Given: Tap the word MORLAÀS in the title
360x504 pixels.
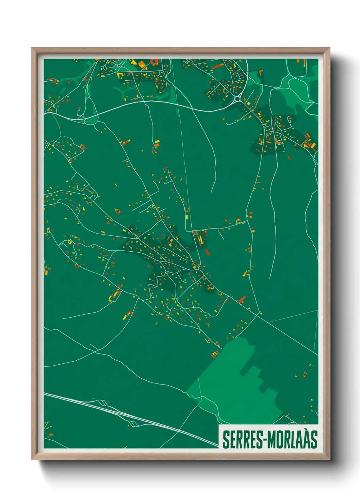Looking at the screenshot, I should click(x=292, y=439).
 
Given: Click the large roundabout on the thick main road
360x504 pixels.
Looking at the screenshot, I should click(x=237, y=99).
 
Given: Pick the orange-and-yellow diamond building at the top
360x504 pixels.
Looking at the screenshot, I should click(x=140, y=63).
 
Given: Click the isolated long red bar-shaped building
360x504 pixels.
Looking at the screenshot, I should click(x=207, y=252).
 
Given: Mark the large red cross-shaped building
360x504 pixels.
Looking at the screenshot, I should click(x=242, y=299).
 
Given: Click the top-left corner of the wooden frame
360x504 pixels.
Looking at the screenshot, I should click(x=32, y=48).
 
